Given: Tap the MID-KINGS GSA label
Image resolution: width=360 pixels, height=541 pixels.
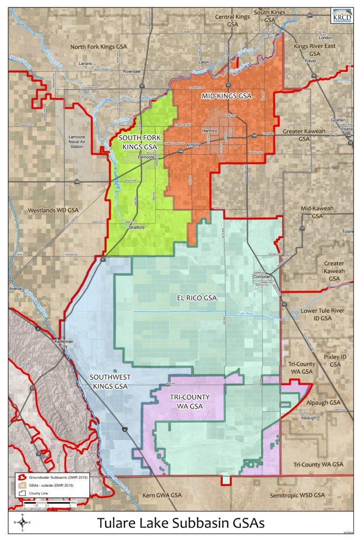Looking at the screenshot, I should tap(226, 96).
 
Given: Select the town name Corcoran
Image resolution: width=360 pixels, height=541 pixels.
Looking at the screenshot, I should tap(261, 276).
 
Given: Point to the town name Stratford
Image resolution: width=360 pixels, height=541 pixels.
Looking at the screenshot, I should tap(136, 227).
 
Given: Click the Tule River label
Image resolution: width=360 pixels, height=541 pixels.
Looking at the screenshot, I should tap(246, 314).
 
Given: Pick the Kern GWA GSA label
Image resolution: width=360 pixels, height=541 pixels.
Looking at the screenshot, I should tap(162, 496).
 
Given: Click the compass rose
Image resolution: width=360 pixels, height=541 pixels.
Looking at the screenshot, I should tap(22, 523).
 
